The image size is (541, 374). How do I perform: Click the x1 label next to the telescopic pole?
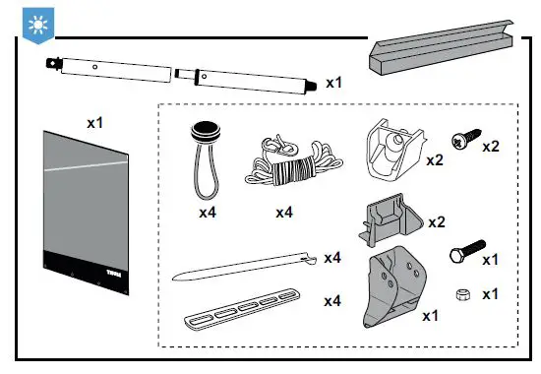click(x=335, y=83)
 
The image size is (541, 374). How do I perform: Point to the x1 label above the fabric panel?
click(x=95, y=123)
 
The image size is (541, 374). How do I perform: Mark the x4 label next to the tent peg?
click(x=331, y=258)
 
